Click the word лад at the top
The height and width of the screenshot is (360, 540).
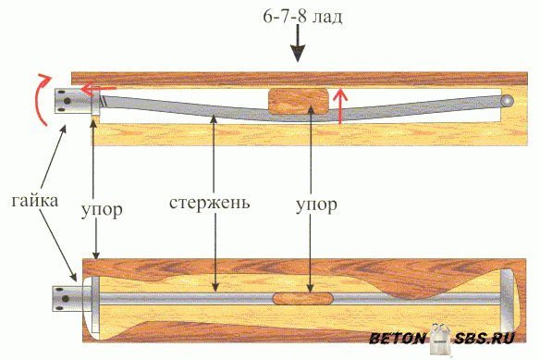tap(327, 18)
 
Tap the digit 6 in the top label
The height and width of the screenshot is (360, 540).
tap(268, 16)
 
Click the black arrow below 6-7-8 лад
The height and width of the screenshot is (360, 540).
tap(298, 43)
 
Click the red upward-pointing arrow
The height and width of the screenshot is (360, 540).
tap(340, 106)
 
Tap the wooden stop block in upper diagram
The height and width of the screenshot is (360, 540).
tap(299, 101)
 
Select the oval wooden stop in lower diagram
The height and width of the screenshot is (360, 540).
tap(303, 299)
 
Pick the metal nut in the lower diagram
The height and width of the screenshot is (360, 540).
tap(67, 299)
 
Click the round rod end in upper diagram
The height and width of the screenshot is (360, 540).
tap(508, 102)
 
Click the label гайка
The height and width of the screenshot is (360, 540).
tap(35, 201)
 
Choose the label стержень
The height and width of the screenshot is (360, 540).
tap(209, 203)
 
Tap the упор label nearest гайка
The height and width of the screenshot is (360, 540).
tap(102, 209)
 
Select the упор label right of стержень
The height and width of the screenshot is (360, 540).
tap(316, 205)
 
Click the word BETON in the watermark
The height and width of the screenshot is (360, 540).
tap(398, 339)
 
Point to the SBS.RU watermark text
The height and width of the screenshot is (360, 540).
tap(485, 339)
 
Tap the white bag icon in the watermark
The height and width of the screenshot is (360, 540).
tap(441, 340)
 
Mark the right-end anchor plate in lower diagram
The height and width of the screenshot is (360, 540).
tap(507, 301)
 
